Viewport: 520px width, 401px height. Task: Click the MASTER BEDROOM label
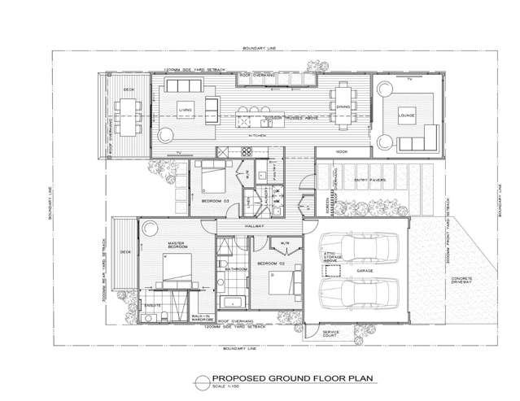[x=179, y=244]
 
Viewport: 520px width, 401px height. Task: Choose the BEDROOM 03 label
[x=214, y=199]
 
